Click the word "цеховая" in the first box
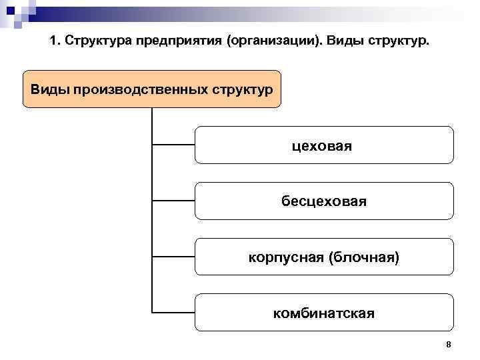pyautogui.click(x=323, y=145)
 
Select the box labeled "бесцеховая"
pyautogui.click(x=324, y=201)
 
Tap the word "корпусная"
pyautogui.click(x=285, y=257)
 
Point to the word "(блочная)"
pyautogui.click(x=363, y=257)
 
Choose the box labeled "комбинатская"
pyautogui.click(x=324, y=313)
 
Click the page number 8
pyautogui.click(x=448, y=345)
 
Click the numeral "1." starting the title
pyautogui.click(x=55, y=42)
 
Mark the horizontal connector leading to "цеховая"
pyautogui.click(x=173, y=143)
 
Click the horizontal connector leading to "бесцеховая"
pyautogui.click(x=173, y=199)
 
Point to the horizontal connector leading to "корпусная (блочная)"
pyautogui.click(x=173, y=255)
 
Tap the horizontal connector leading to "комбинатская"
pyautogui.click(x=173, y=311)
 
